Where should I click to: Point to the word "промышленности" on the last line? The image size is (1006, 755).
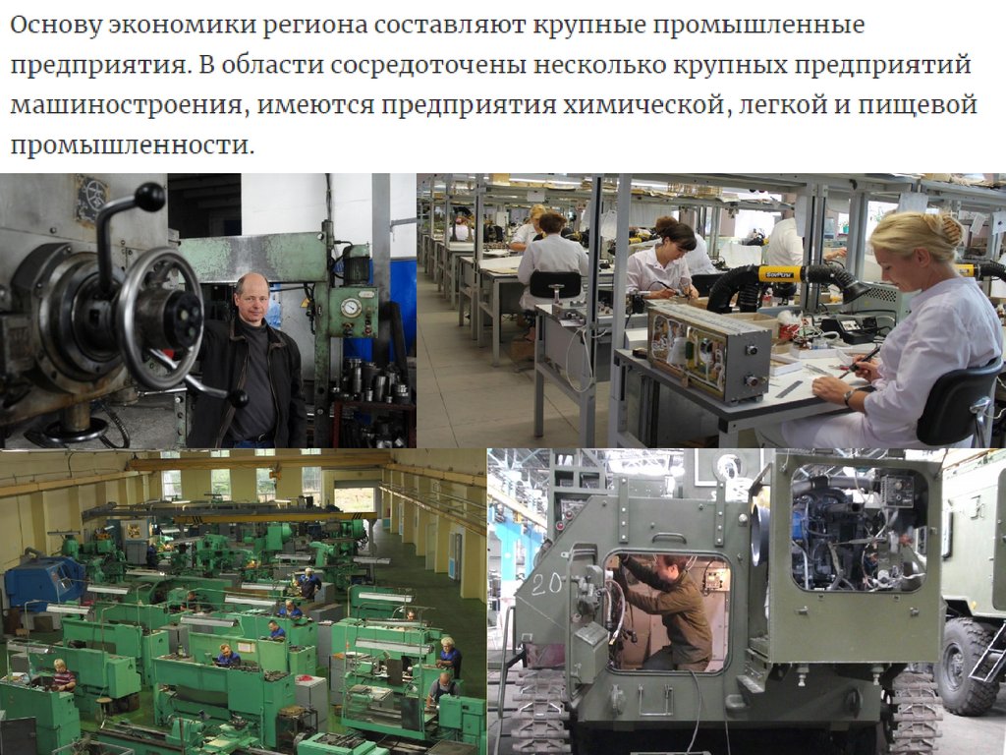[133, 145]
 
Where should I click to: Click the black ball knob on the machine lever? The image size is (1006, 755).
[149, 197]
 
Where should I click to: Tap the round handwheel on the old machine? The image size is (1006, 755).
[161, 318]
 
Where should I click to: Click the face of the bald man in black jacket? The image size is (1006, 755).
[251, 299]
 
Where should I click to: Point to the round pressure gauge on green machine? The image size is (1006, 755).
[351, 308]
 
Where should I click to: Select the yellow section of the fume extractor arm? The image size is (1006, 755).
[779, 274]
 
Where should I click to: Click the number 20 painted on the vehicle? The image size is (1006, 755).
[546, 584]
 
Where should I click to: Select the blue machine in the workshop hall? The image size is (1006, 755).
[43, 582]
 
